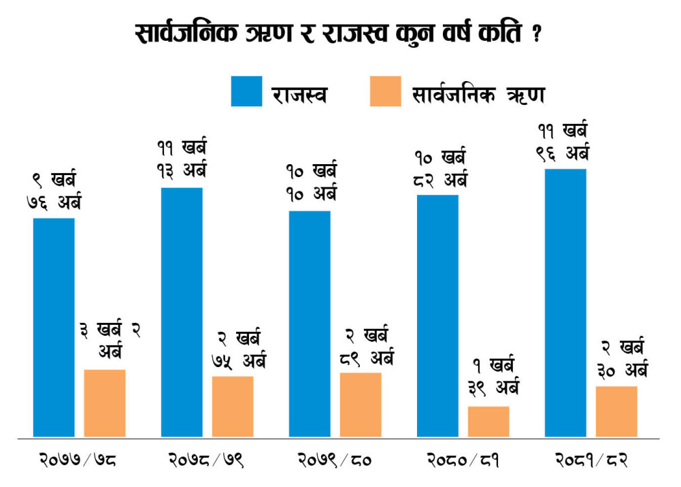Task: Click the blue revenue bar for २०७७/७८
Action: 54,328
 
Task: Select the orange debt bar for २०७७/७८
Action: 105,403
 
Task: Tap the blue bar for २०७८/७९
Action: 182,312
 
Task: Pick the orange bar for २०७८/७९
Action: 233,407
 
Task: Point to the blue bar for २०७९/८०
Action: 310,324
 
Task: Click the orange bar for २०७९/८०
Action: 361,405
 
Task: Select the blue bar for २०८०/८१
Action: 437,315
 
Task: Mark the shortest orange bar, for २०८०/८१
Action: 488,422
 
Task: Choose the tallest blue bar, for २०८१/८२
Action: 565,303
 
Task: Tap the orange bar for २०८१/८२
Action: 616,411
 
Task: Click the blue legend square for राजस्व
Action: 247,91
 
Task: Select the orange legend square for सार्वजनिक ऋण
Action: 386,91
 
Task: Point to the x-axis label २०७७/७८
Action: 78,460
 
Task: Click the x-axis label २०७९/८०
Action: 335,460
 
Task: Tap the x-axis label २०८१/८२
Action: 591,460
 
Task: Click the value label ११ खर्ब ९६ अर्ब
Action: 563,142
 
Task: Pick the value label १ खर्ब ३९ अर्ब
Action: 494,377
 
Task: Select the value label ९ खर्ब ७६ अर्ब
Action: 54,191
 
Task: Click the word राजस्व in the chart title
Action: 354,33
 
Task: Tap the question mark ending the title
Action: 537,33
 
